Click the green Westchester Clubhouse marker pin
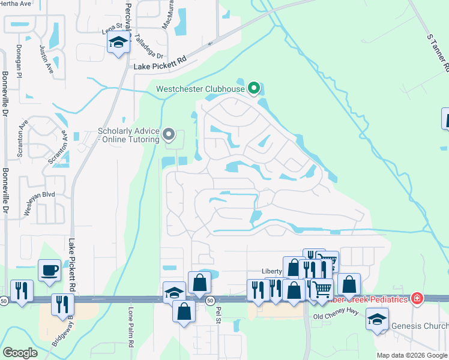254,89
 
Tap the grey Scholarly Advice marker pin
169,136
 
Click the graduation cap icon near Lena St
118,43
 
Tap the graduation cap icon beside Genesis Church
377,319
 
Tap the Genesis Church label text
419,326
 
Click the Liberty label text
272,271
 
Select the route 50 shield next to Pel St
209,299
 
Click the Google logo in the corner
20,353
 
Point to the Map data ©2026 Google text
412,355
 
